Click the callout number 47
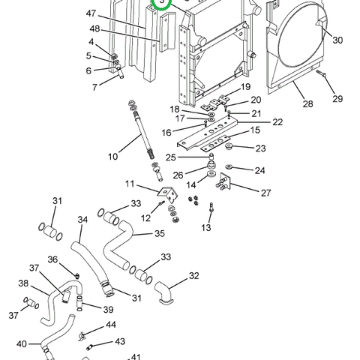tap(91, 14)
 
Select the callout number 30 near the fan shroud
tap(337, 40)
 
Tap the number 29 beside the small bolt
tap(337, 99)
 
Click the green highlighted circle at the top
tap(162, 4)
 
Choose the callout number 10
tap(112, 157)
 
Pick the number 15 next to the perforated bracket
tap(256, 130)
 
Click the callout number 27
tap(265, 192)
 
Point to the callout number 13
tap(206, 227)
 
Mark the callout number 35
tap(158, 233)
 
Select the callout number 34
tap(82, 220)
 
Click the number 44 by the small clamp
tap(110, 325)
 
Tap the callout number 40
tap(22, 344)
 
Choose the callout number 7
tap(94, 87)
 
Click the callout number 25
tap(171, 157)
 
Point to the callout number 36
tap(53, 259)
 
